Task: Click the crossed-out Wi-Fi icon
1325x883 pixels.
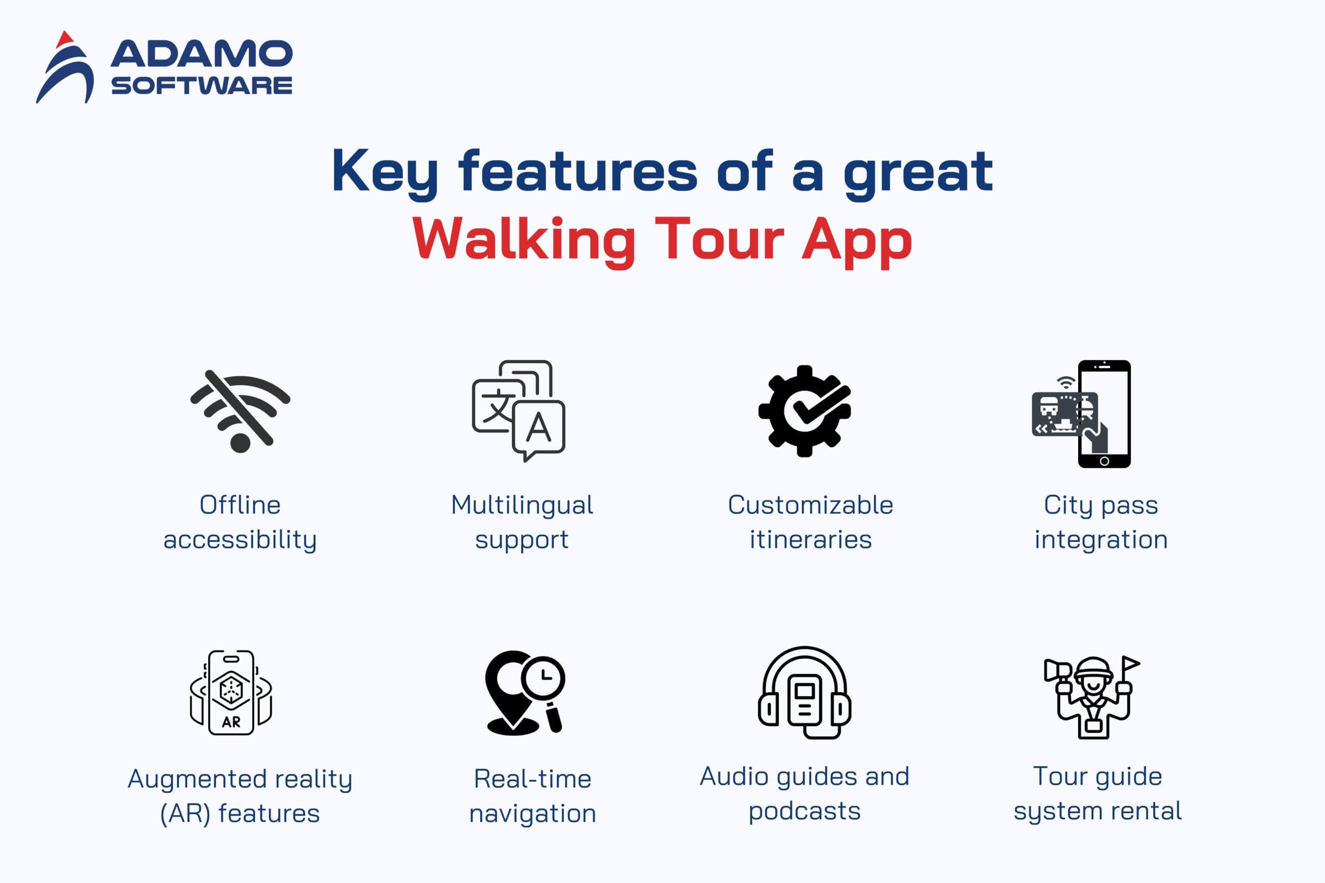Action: (241, 411)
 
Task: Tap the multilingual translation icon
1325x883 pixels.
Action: (518, 410)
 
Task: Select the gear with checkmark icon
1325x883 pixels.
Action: (804, 410)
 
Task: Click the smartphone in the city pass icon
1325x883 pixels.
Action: (1105, 414)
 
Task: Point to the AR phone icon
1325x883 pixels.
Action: (231, 693)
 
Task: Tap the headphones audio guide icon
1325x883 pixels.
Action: (804, 692)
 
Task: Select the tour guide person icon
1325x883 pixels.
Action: (1093, 697)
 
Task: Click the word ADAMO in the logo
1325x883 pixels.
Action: (201, 53)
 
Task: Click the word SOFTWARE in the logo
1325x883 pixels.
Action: (201, 85)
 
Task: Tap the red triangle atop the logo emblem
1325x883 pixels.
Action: (65, 39)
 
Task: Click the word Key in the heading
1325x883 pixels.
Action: (385, 172)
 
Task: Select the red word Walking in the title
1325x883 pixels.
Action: (524, 240)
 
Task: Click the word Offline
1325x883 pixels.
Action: (240, 505)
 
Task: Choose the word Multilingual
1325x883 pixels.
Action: (522, 506)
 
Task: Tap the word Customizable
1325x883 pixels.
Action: (811, 505)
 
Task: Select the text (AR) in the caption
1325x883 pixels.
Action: (185, 814)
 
